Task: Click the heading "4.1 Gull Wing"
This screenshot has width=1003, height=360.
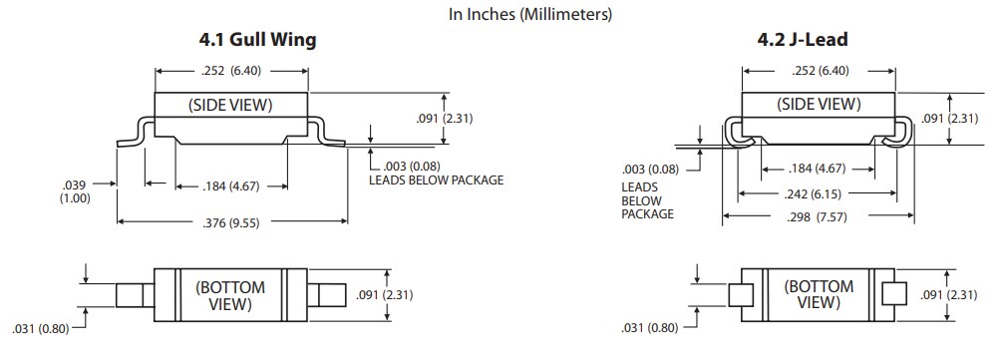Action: (258, 41)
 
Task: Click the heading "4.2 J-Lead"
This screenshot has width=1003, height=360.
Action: (802, 41)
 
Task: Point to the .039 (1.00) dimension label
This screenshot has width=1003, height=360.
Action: (75, 191)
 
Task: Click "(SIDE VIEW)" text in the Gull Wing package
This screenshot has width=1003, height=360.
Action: (230, 105)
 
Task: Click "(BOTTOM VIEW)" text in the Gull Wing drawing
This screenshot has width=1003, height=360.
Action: (229, 296)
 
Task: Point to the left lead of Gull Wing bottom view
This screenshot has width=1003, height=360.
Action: (131, 296)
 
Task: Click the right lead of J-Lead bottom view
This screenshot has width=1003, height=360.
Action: (894, 296)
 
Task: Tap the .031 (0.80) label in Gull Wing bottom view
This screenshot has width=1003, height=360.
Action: (42, 328)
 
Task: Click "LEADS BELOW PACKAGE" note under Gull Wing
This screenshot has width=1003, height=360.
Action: (436, 180)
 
